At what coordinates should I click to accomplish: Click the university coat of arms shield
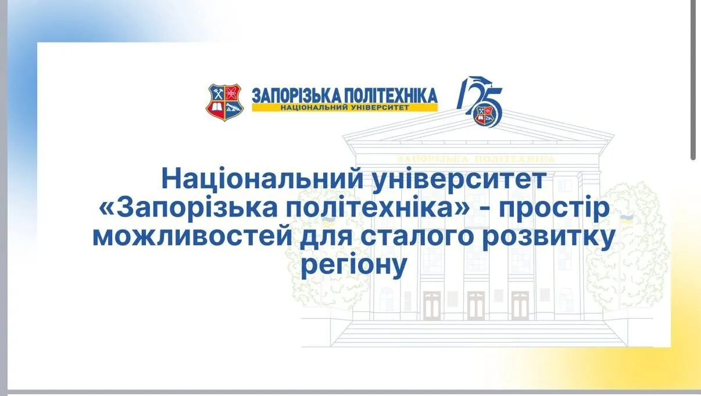[224, 102]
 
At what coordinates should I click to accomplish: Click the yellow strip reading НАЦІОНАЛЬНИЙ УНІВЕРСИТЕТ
[345, 107]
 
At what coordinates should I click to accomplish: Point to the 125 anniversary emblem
[480, 102]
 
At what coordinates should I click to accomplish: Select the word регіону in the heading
[353, 267]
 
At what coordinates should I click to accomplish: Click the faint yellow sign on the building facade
[475, 159]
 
